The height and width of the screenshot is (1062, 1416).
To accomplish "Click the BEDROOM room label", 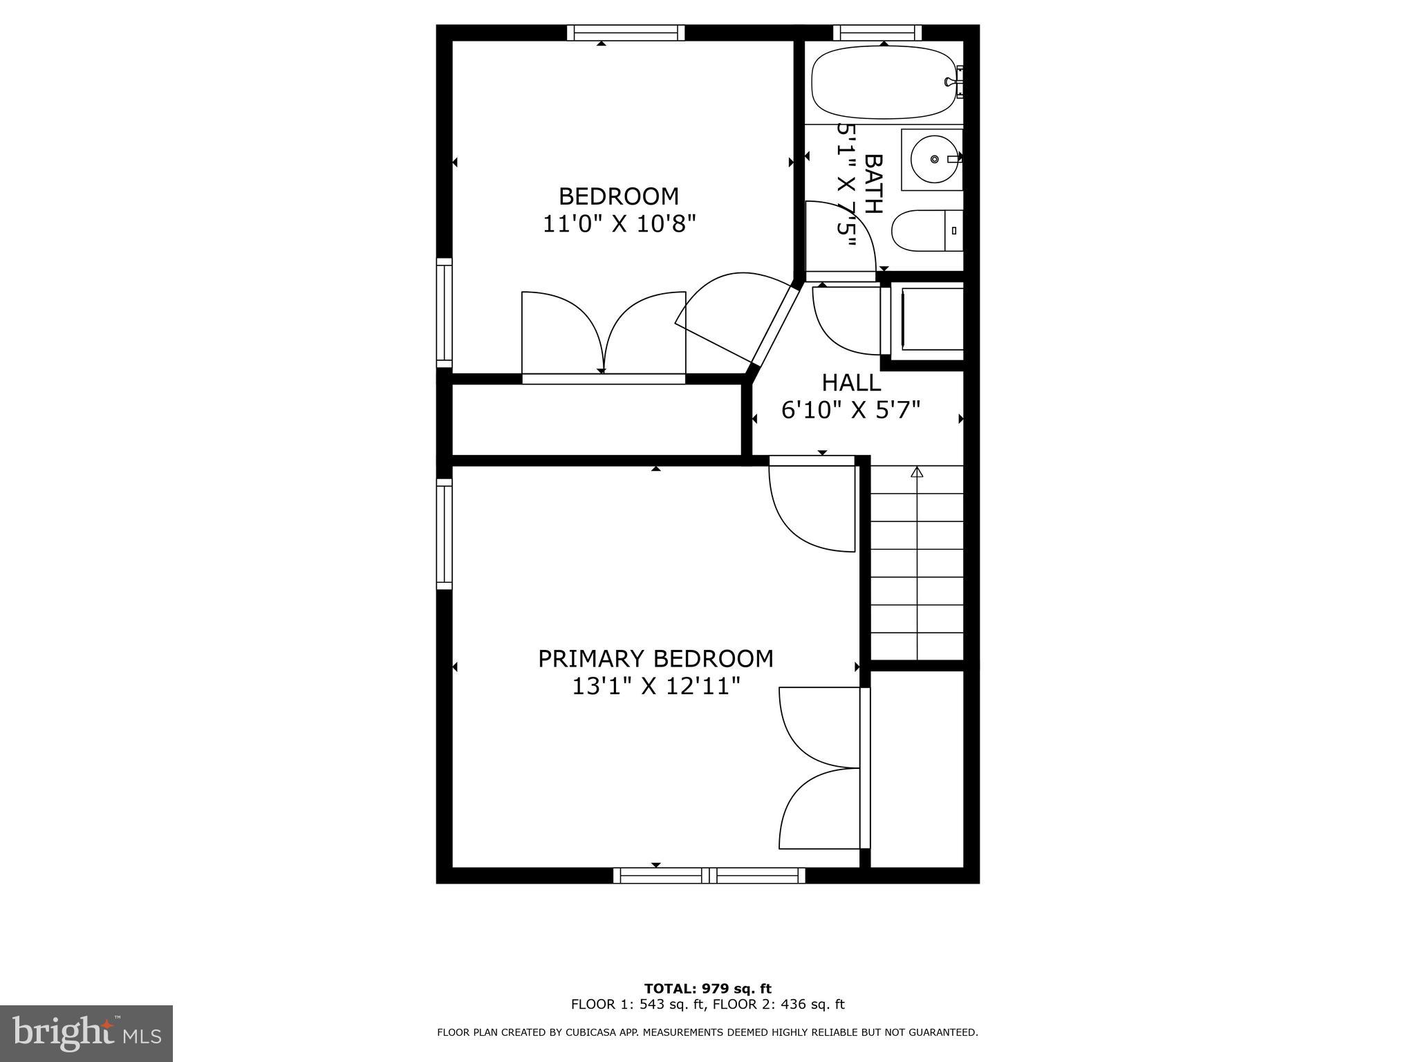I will pos(618,196).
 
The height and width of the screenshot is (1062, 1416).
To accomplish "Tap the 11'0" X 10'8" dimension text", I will pos(618,224).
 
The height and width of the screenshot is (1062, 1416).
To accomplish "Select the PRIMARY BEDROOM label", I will pos(655,658).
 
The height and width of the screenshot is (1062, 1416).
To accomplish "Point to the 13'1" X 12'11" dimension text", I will pos(655,686).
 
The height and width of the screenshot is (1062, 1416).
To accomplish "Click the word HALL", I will pos(850,382).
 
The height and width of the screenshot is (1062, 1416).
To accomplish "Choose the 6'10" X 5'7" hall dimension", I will pos(850,411).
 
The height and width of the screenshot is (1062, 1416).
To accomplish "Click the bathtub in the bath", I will pos(883,82).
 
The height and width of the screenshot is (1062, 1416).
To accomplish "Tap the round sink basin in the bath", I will pos(933,159).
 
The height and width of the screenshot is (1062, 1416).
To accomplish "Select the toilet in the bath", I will pos(925,230).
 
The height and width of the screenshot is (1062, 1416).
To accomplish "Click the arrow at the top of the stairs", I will pos(917,472).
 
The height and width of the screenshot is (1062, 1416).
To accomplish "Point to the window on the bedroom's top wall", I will pos(626,32).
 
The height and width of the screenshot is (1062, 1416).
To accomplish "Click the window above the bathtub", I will pos(877,32).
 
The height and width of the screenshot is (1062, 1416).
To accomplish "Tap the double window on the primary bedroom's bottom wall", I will pos(709,875).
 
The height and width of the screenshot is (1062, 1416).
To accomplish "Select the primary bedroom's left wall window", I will pos(444,534).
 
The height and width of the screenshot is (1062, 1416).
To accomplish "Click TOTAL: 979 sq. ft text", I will pos(707,989).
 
